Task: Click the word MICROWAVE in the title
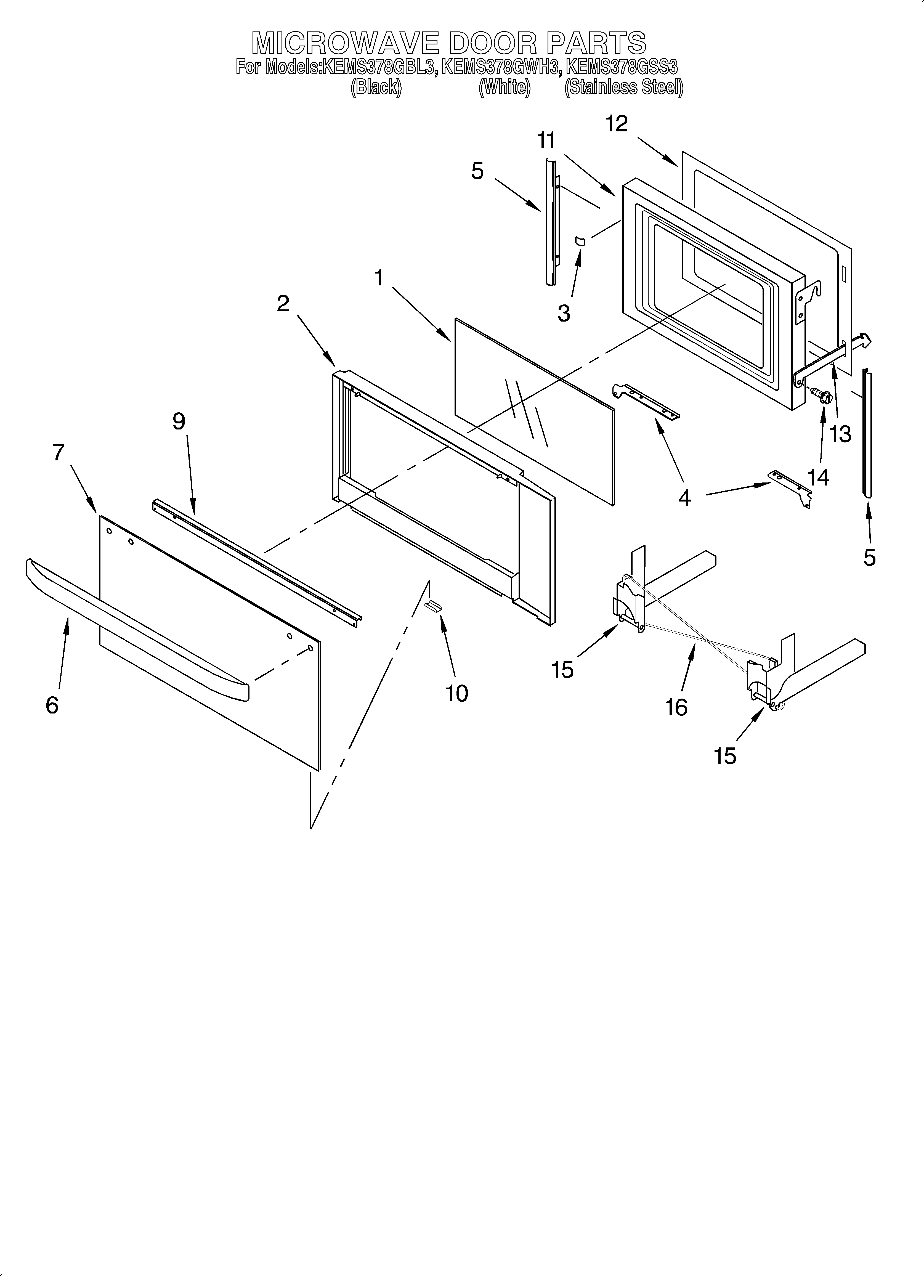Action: [344, 43]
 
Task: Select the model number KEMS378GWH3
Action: [501, 67]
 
